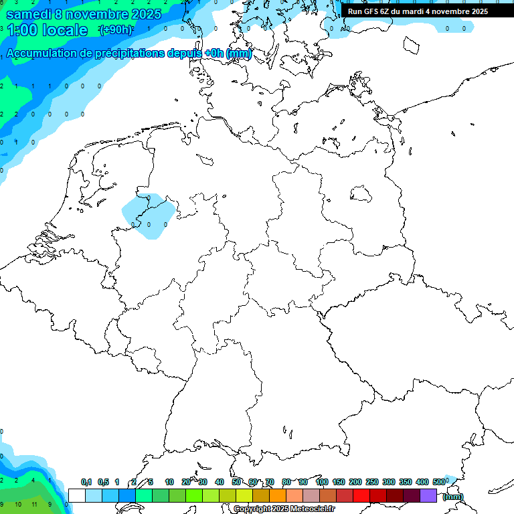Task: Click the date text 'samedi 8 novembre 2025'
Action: tap(83, 14)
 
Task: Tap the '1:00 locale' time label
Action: tap(47, 30)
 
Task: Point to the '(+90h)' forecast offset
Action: tap(116, 30)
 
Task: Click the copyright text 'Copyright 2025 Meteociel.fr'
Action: tap(284, 509)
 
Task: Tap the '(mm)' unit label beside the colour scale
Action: tap(452, 497)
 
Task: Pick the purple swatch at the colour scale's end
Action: tap(428, 495)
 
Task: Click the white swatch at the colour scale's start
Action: tap(77, 495)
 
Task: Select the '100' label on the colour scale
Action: tap(322, 482)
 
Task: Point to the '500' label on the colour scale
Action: tap(439, 482)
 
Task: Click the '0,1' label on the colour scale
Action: tap(86, 482)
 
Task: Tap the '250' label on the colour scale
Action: tap(372, 482)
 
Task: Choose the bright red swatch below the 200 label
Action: tap(361, 495)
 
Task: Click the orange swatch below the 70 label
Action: tap(278, 495)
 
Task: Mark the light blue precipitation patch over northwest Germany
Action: tap(149, 216)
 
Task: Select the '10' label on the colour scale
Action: tap(169, 482)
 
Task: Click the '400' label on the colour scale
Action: tap(422, 482)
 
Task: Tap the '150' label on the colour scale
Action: tap(339, 482)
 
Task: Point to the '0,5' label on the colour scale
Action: tap(103, 482)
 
